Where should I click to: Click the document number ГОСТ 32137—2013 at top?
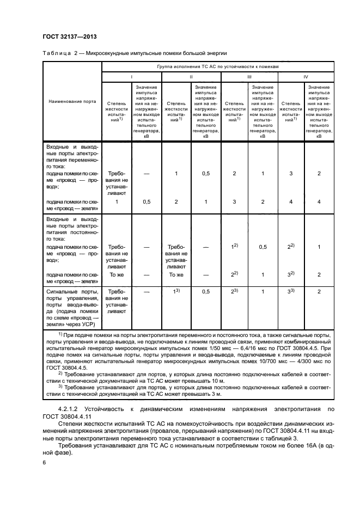click(66, 37)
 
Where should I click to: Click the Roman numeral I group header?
click(131, 77)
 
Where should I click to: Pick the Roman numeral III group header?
click(249, 77)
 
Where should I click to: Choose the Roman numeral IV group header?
click(306, 77)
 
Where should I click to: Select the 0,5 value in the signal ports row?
click(205, 292)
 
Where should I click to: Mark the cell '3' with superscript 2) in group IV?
click(291, 275)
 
